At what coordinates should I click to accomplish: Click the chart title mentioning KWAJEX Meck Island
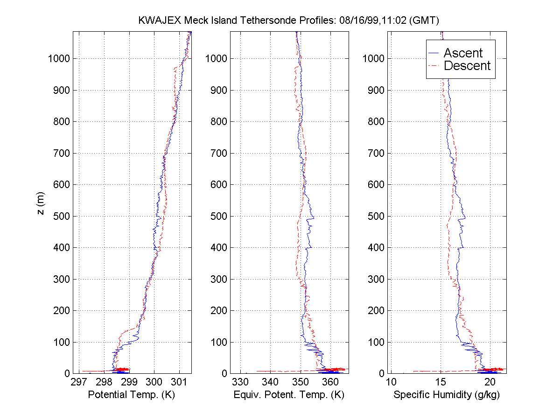point(289,21)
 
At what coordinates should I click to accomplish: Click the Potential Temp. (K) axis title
point(132,395)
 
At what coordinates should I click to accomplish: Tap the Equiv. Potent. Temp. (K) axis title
point(289,395)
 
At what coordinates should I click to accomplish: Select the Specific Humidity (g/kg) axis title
point(447,395)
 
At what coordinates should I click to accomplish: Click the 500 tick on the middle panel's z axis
point(218,216)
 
